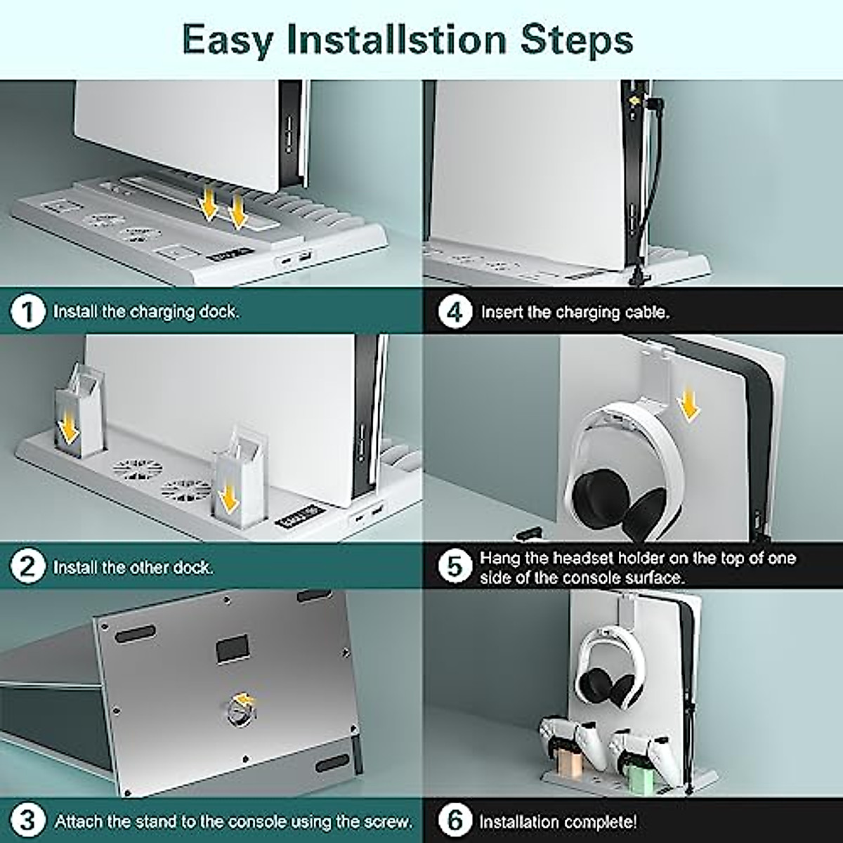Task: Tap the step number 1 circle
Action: point(27,313)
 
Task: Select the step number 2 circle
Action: point(27,568)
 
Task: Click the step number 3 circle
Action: point(27,821)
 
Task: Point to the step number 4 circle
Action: point(455,313)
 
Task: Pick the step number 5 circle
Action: point(455,568)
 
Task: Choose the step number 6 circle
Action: point(455,821)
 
